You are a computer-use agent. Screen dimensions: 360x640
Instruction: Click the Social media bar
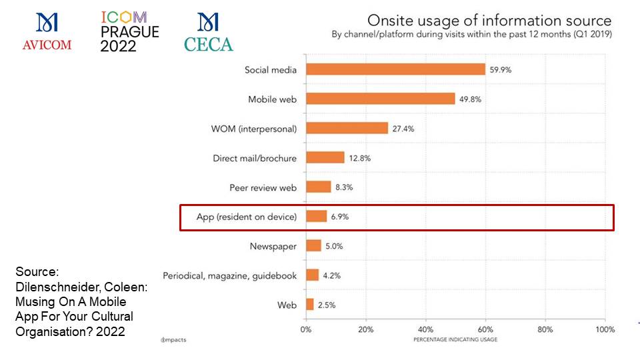pos(395,69)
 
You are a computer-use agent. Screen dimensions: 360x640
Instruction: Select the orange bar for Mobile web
pos(380,99)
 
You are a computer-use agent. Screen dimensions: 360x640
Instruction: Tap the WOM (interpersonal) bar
pos(347,128)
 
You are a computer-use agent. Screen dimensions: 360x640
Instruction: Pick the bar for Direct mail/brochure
pos(325,157)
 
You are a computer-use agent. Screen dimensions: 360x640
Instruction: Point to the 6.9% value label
pos(340,217)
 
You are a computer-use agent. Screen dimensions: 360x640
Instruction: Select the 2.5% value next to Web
pos(327,305)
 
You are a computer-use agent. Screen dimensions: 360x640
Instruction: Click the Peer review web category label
pos(263,187)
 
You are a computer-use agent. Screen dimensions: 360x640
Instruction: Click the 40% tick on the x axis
pos(425,329)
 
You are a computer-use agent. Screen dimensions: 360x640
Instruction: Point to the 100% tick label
pos(604,329)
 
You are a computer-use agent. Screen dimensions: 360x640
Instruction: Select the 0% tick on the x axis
pos(306,329)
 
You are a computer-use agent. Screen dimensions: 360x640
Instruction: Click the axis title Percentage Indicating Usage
pos(455,339)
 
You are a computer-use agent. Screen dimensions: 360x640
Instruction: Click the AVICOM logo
pos(47,32)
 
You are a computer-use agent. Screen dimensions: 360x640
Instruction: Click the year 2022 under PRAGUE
pos(118,46)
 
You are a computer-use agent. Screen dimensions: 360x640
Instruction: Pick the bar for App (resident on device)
pos(316,217)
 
